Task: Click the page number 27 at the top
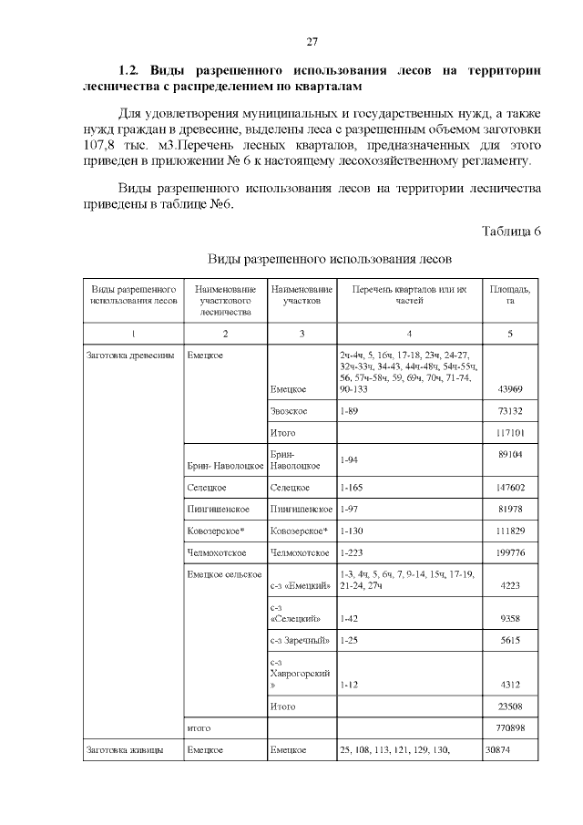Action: click(311, 41)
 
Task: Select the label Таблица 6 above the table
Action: click(510, 231)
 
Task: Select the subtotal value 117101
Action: click(507, 432)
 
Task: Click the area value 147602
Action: click(507, 488)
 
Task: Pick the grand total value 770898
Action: click(507, 728)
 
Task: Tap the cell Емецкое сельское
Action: click(224, 574)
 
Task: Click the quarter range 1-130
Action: click(352, 531)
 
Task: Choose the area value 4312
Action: click(509, 684)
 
